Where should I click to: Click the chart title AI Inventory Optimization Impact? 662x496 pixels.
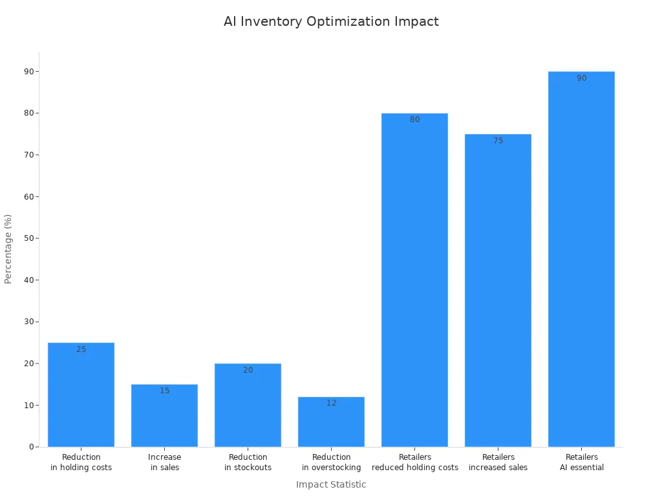[x=331, y=21]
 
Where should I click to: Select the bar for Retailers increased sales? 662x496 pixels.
[x=498, y=290]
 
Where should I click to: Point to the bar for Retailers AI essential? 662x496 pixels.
[x=581, y=259]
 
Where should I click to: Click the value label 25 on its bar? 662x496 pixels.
[x=81, y=349]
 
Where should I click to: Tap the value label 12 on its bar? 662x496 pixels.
[x=331, y=403]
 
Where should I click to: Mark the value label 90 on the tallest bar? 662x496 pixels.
[x=581, y=78]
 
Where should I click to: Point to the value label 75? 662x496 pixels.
[x=498, y=141]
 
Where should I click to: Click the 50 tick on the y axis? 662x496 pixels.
[x=28, y=238]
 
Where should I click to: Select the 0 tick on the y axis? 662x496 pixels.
[x=31, y=447]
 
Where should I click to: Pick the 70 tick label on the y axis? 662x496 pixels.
[x=28, y=155]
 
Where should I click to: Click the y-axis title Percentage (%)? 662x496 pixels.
[x=8, y=249]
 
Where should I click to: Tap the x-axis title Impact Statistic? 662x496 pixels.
[x=331, y=484]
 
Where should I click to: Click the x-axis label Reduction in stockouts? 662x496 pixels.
[x=248, y=462]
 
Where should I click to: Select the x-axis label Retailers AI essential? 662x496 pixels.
[x=581, y=462]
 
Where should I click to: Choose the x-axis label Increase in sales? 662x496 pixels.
[x=164, y=462]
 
